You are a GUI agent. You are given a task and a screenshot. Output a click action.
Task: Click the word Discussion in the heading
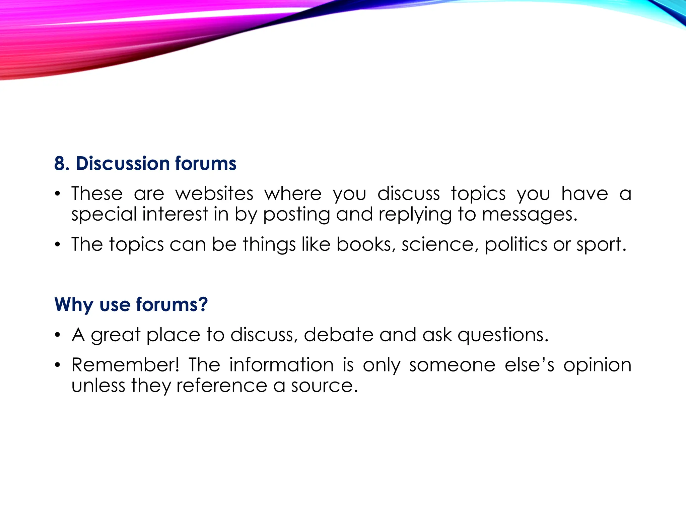coord(123,164)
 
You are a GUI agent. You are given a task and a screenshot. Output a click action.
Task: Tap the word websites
coord(214,194)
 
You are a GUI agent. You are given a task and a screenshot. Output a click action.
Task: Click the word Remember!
coord(126,365)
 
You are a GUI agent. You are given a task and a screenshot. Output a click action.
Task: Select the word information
coord(281,365)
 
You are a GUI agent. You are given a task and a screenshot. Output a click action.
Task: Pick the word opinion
coord(597,365)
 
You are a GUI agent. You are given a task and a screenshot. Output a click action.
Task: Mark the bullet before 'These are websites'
coord(58,194)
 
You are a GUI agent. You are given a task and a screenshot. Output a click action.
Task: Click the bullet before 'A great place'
coord(58,335)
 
